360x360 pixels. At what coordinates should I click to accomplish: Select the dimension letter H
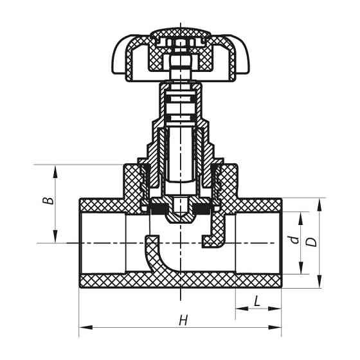coord(183,319)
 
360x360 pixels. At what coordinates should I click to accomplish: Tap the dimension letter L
coord(257,300)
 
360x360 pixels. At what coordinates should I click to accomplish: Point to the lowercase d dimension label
coord(294,240)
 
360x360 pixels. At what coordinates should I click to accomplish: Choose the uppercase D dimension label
coord(311,242)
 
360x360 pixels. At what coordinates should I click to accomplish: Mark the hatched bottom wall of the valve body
coord(180,280)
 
